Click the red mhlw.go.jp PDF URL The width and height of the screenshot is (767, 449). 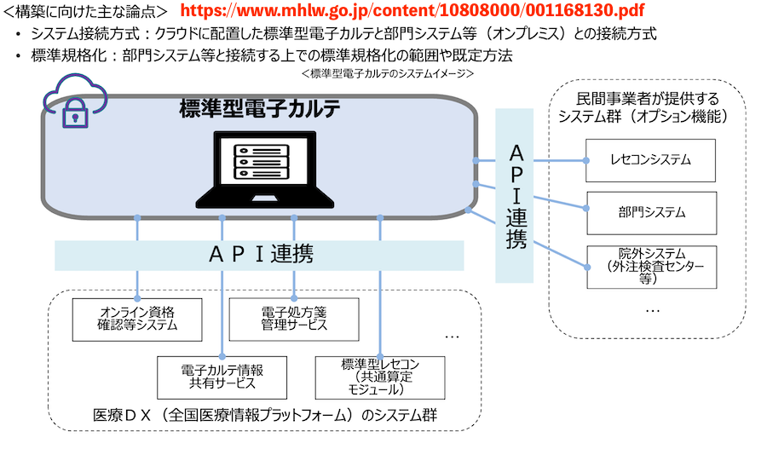tap(413, 11)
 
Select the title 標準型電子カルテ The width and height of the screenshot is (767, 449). tap(260, 108)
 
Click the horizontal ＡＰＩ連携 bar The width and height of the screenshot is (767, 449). tap(259, 254)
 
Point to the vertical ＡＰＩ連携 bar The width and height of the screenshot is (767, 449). tap(515, 195)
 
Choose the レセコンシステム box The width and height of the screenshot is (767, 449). tap(650, 159)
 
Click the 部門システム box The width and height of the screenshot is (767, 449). tap(650, 212)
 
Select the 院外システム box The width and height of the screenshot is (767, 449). tap(650, 266)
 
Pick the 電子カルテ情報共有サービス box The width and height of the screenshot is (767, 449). tap(222, 377)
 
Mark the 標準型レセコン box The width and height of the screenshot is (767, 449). tap(380, 377)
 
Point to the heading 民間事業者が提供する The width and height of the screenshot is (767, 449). tap(648, 98)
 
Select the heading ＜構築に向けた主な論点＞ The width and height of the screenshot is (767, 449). tap(84, 11)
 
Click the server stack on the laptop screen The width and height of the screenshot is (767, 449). tap(260, 160)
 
